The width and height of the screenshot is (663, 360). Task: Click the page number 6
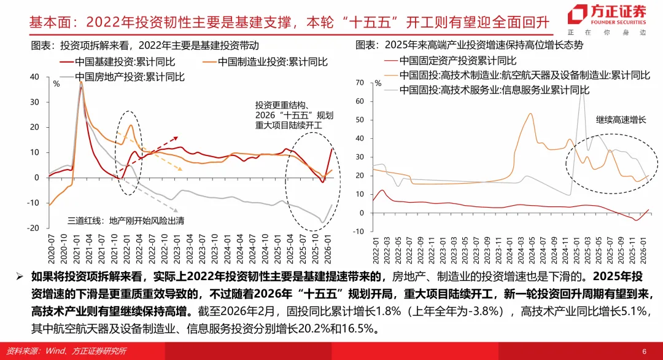tap(644, 351)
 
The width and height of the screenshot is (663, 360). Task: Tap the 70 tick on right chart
tap(360, 82)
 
